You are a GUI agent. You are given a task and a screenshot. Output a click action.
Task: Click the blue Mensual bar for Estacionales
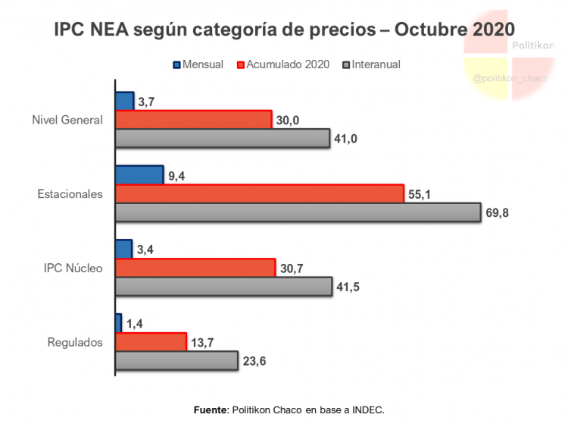pos(139,174)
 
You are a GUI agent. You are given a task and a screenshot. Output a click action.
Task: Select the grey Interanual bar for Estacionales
pos(298,212)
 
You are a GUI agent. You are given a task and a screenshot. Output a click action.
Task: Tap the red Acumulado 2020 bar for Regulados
pos(151,341)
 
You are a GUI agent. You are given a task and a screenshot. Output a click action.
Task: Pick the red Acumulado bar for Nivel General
pos(193,120)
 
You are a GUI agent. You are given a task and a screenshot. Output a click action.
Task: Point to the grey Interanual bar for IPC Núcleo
pos(223,286)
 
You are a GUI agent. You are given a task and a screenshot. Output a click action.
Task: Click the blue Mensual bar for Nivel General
pos(124,101)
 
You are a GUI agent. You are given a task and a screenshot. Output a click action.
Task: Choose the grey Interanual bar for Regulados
pos(176,360)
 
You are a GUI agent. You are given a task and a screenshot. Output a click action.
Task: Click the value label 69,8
pos(496,213)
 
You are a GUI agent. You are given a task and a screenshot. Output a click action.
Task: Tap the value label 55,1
pos(419,194)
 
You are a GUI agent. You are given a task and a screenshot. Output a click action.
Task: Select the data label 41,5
pos(348,287)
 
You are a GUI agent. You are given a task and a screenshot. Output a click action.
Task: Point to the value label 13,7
pos(202,343)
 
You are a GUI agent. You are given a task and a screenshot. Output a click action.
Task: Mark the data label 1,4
pos(135,324)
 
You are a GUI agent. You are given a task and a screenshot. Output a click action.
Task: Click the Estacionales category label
pos(70,194)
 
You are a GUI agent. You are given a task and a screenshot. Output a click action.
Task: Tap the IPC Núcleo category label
pos(73,268)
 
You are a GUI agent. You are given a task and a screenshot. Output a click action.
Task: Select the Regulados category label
pos(74,342)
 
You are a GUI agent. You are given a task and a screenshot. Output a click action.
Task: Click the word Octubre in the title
pos(429,30)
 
